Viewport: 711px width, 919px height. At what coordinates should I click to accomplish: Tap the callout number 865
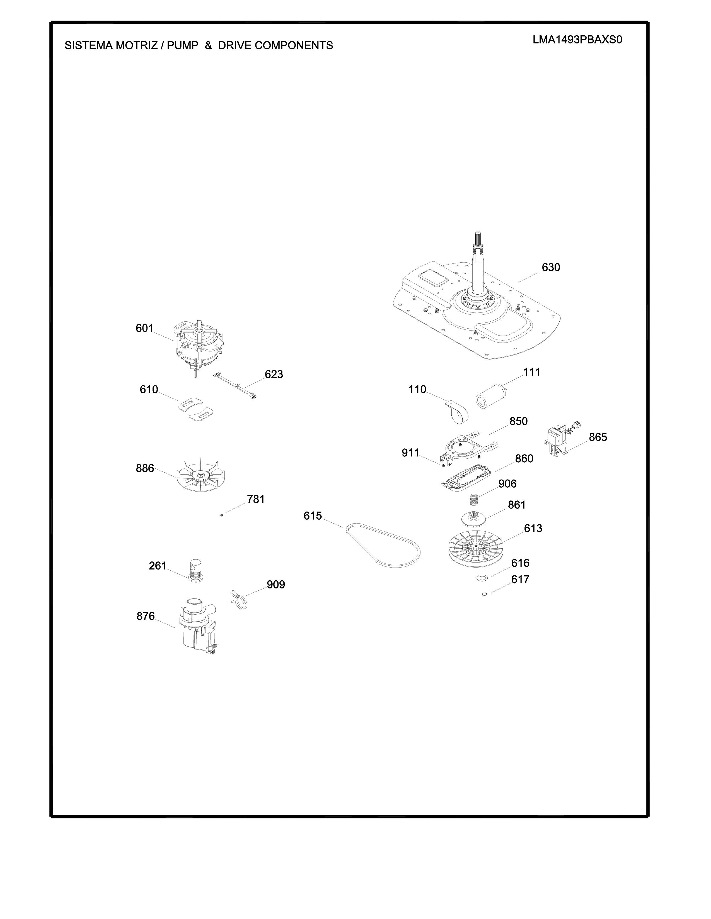(598, 437)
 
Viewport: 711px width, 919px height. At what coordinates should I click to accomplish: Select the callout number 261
(158, 566)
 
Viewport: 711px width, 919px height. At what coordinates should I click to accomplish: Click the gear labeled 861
(474, 519)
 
